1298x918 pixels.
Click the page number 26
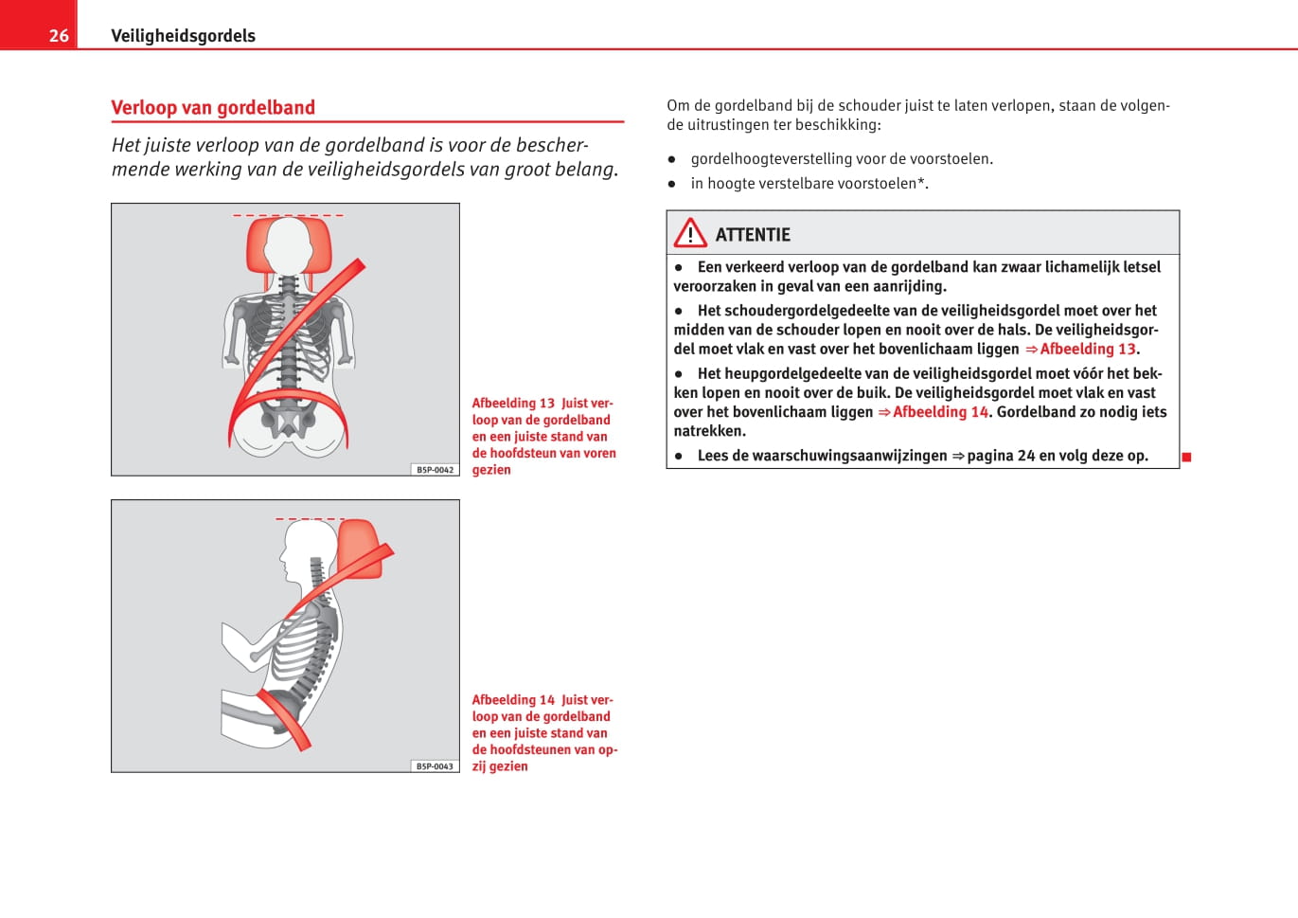point(59,36)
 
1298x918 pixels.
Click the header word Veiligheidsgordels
point(183,36)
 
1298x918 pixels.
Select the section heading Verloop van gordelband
point(213,108)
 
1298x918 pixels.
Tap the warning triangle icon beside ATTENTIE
point(690,233)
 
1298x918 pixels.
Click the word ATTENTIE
point(753,235)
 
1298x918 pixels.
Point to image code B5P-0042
point(436,470)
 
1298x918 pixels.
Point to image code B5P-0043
point(436,766)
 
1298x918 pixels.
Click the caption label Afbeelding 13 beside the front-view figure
point(513,404)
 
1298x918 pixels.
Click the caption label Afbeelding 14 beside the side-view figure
point(513,700)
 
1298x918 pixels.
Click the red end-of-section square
point(1186,458)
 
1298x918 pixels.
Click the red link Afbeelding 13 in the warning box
point(1087,350)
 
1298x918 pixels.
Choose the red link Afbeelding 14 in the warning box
point(940,412)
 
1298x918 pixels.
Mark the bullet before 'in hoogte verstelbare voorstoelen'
point(672,184)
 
